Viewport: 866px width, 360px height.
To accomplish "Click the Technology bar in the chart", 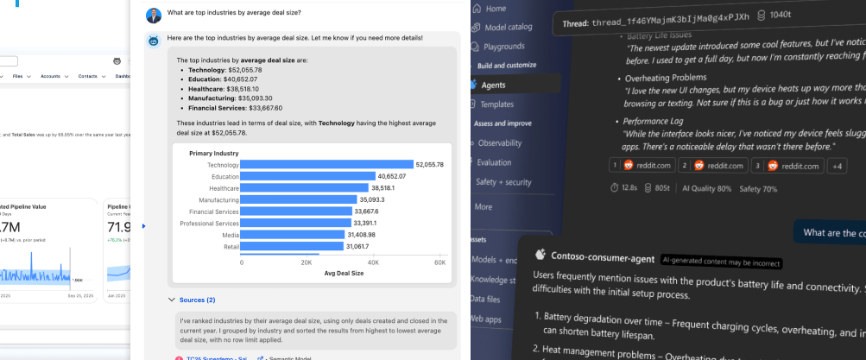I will (x=327, y=165).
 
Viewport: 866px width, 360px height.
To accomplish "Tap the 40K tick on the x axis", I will (x=373, y=262).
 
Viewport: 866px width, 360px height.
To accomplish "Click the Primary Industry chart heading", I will (x=213, y=153).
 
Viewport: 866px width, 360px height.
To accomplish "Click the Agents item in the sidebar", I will (x=494, y=85).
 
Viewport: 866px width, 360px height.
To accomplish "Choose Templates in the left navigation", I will (x=496, y=104).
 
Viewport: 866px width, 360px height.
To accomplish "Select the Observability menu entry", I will (x=500, y=142).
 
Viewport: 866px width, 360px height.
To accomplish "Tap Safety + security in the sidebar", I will (x=503, y=182).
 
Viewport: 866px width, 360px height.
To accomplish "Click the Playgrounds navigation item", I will (x=503, y=46).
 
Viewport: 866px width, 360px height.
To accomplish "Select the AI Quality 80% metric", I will (x=706, y=188).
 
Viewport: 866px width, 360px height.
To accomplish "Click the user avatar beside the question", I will (x=154, y=14).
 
